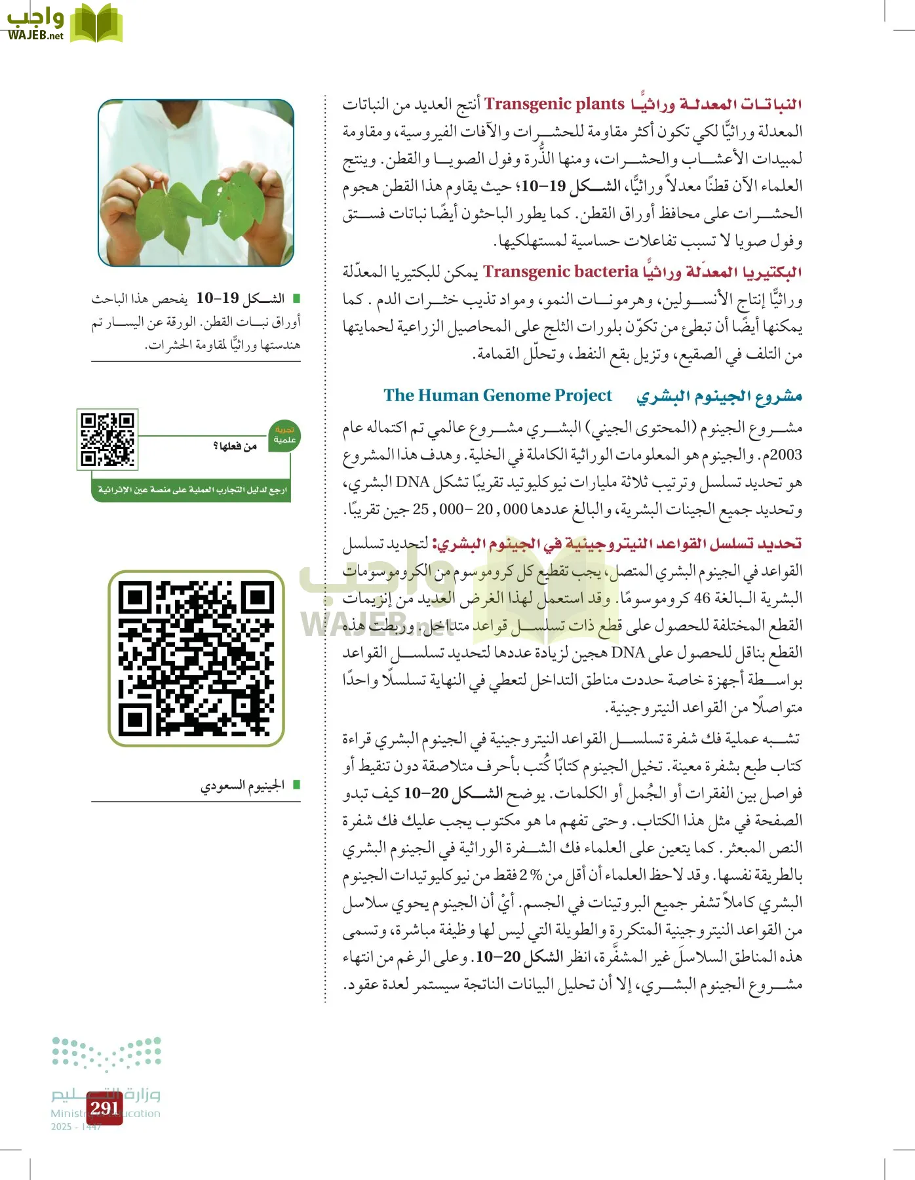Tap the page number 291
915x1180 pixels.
(105, 1108)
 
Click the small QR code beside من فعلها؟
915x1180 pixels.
(107, 439)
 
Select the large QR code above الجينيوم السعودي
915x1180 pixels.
(196, 658)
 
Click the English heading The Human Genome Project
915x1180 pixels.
(497, 395)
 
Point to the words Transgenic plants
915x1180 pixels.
(554, 104)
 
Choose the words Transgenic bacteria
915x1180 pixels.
(560, 271)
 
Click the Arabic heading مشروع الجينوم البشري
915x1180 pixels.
(719, 396)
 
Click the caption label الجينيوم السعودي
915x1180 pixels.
(243, 785)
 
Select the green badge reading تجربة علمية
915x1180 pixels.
(284, 435)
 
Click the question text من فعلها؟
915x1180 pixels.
(235, 446)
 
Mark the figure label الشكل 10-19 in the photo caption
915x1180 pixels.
(240, 298)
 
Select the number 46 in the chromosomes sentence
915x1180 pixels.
(702, 598)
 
